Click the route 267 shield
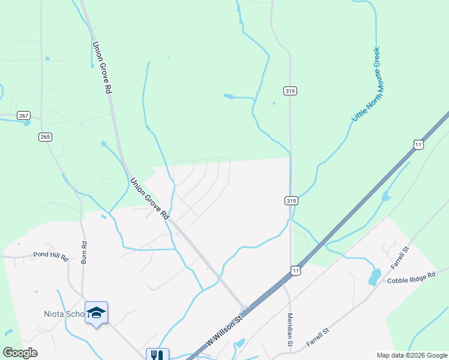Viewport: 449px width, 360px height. pyautogui.click(x=23, y=115)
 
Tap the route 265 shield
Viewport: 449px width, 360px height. pyautogui.click(x=45, y=137)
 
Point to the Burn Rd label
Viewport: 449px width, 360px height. pyautogui.click(x=84, y=252)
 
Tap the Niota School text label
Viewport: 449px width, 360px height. pyautogui.click(x=62, y=314)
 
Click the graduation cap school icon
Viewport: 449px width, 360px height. pyautogui.click(x=96, y=313)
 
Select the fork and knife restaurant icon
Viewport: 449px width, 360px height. pyautogui.click(x=157, y=355)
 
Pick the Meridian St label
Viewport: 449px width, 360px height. pyautogui.click(x=290, y=329)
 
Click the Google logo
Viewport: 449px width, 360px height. pyautogui.click(x=20, y=353)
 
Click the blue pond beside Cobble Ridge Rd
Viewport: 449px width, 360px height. pyautogui.click(x=375, y=277)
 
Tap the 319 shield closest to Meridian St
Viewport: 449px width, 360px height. pyautogui.click(x=290, y=200)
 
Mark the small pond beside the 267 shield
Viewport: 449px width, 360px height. pyautogui.click(x=26, y=124)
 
